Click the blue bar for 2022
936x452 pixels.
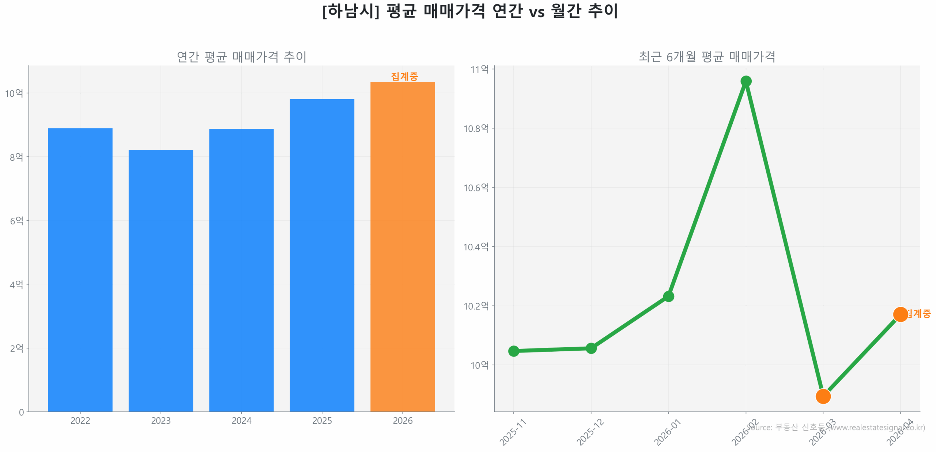80,269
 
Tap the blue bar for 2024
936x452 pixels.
241,270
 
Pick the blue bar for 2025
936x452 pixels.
322,255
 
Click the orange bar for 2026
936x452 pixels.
402,246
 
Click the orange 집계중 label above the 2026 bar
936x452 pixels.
404,76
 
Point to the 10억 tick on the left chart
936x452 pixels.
14,93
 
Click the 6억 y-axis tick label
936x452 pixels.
16,221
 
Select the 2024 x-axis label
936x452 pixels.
241,421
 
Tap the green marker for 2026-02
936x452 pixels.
746,81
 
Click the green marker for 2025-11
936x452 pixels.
513,351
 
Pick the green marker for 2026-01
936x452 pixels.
668,296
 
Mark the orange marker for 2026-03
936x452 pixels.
823,396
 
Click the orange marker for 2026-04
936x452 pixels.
900,314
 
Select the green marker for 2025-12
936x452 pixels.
591,348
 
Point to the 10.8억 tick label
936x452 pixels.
476,128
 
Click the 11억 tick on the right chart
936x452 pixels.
479,69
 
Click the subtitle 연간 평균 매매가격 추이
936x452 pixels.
241,57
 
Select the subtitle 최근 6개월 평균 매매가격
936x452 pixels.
706,57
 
